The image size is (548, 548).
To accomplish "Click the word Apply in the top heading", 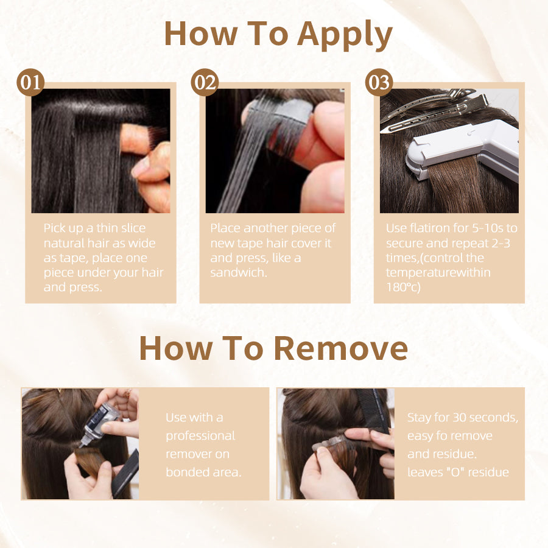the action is [345, 35].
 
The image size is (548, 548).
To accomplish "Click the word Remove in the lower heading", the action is [341, 348].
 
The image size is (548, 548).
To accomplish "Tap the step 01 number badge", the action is [30, 82].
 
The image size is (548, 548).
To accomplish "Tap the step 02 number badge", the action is [205, 82].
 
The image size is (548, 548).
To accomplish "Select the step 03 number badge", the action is [379, 82].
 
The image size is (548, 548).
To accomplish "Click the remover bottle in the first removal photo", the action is [98, 424].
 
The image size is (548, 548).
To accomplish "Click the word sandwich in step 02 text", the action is [238, 273].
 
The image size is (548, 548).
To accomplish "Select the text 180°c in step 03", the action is [403, 287].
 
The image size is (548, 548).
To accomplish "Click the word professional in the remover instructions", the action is [200, 436].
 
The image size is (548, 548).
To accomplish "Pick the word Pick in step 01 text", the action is [55, 228].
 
